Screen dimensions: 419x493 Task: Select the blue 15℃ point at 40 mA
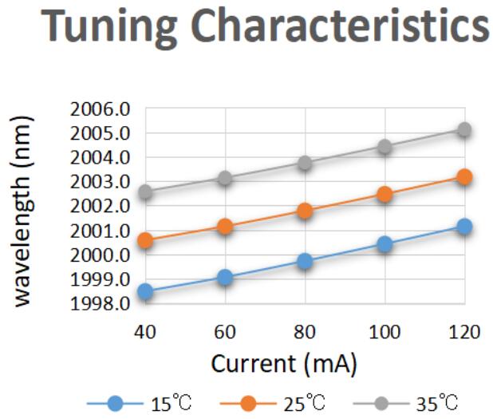click(145, 291)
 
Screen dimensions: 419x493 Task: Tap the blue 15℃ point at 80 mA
click(305, 261)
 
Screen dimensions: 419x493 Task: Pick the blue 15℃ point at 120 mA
click(464, 227)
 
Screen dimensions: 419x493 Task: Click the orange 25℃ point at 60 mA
click(225, 227)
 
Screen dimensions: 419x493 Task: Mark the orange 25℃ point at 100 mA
click(385, 194)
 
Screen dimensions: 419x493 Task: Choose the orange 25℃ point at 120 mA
click(464, 177)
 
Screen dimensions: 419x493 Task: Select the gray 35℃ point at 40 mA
click(145, 192)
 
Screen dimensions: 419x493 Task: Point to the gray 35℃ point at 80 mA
click(305, 163)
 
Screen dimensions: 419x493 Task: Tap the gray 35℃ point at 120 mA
click(464, 130)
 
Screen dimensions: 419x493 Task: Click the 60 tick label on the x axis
click(225, 332)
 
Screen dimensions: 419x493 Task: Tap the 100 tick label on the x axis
click(385, 332)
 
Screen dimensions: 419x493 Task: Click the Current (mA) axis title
click(283, 364)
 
